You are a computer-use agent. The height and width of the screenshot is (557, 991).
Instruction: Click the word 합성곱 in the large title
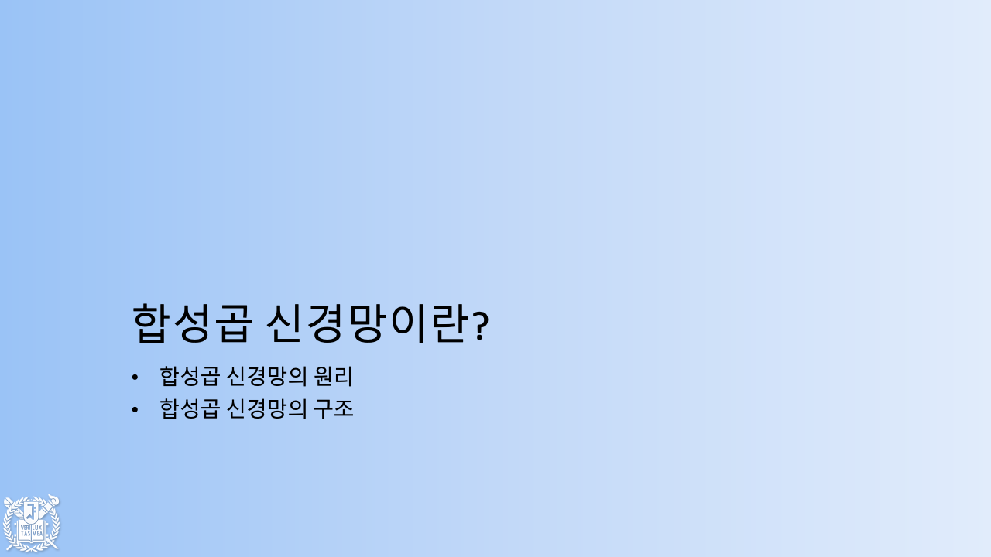tap(190, 323)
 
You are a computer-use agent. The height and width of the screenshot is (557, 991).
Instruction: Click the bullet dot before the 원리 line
tap(135, 377)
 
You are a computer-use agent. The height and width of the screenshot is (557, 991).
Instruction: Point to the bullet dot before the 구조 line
tap(135, 408)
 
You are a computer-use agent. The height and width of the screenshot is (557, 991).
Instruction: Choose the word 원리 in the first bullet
tap(333, 377)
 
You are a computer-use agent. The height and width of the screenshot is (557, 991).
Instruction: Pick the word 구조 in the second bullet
tap(333, 408)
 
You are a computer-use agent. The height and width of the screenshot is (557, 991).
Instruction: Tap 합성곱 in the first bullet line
tap(188, 377)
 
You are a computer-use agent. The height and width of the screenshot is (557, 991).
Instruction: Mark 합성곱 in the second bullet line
tap(188, 408)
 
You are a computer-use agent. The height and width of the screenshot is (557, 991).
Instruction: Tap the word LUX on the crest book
tap(36, 527)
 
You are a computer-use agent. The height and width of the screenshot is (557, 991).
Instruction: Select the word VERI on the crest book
tap(25, 527)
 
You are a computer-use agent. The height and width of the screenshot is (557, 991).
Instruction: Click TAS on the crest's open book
tap(25, 534)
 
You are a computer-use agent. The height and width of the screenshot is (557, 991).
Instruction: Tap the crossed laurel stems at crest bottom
tap(31, 548)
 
